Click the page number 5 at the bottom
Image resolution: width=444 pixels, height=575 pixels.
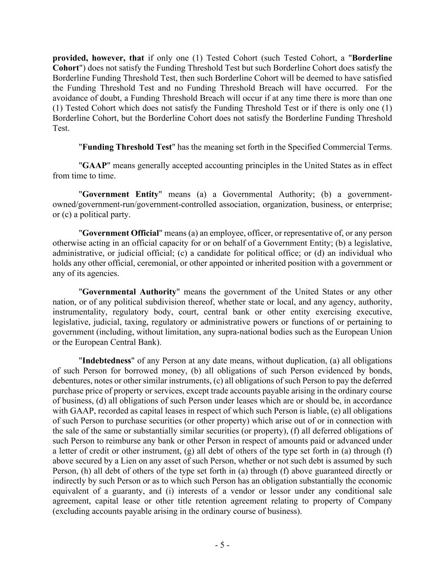pos(222,545)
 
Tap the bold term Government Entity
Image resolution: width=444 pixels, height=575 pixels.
pos(120,194)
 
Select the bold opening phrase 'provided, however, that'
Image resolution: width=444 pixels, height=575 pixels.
pos(98,58)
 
